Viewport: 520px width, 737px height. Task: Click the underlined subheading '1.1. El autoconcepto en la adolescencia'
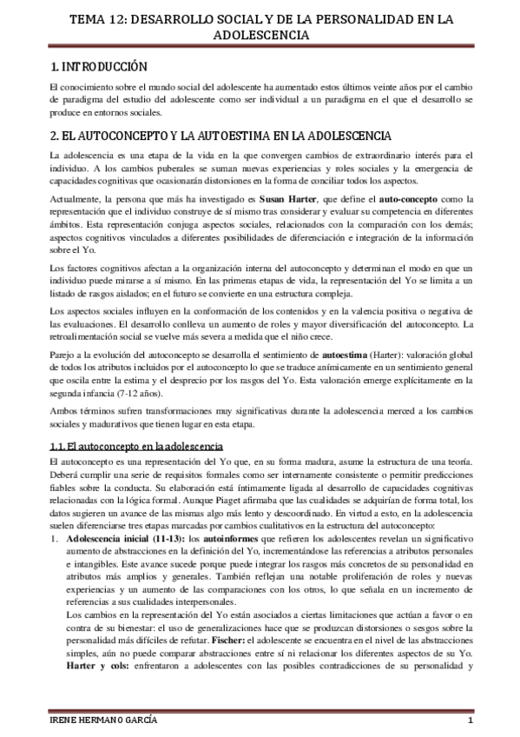(x=135, y=446)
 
